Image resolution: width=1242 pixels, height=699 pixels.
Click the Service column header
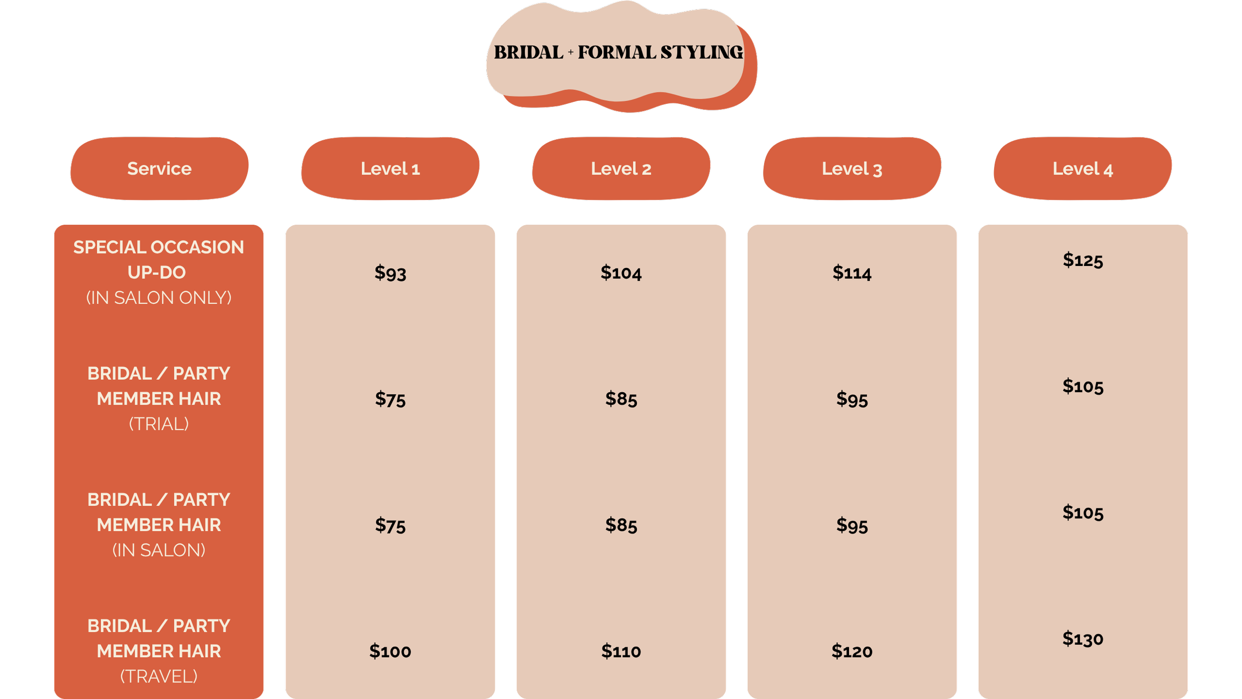[159, 169]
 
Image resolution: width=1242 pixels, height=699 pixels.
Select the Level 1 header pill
[390, 169]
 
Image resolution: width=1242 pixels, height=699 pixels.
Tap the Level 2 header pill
[621, 169]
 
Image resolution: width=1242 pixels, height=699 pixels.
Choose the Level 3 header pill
[852, 169]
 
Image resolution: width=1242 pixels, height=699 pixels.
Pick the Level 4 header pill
[1083, 169]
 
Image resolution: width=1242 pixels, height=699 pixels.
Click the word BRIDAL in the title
[528, 52]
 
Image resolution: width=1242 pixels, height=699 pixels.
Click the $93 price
[390, 272]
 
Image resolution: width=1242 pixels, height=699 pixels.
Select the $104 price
[621, 272]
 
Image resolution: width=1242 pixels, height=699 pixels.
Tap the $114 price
[852, 272]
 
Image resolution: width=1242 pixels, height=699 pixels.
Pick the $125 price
[1083, 260]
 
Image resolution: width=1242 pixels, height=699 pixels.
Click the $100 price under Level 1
[390, 651]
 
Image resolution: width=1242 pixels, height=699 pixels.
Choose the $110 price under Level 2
[621, 651]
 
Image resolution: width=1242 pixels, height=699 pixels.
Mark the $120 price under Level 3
[852, 651]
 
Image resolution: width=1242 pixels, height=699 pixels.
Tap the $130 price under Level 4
[1083, 639]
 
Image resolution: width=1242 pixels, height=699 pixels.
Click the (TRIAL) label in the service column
[159, 424]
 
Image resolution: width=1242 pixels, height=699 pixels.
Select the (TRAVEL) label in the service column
[159, 677]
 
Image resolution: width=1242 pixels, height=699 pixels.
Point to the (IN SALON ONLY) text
[159, 298]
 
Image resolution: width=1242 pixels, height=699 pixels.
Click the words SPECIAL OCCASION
[159, 247]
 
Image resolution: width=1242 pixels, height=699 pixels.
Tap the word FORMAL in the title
[617, 52]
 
